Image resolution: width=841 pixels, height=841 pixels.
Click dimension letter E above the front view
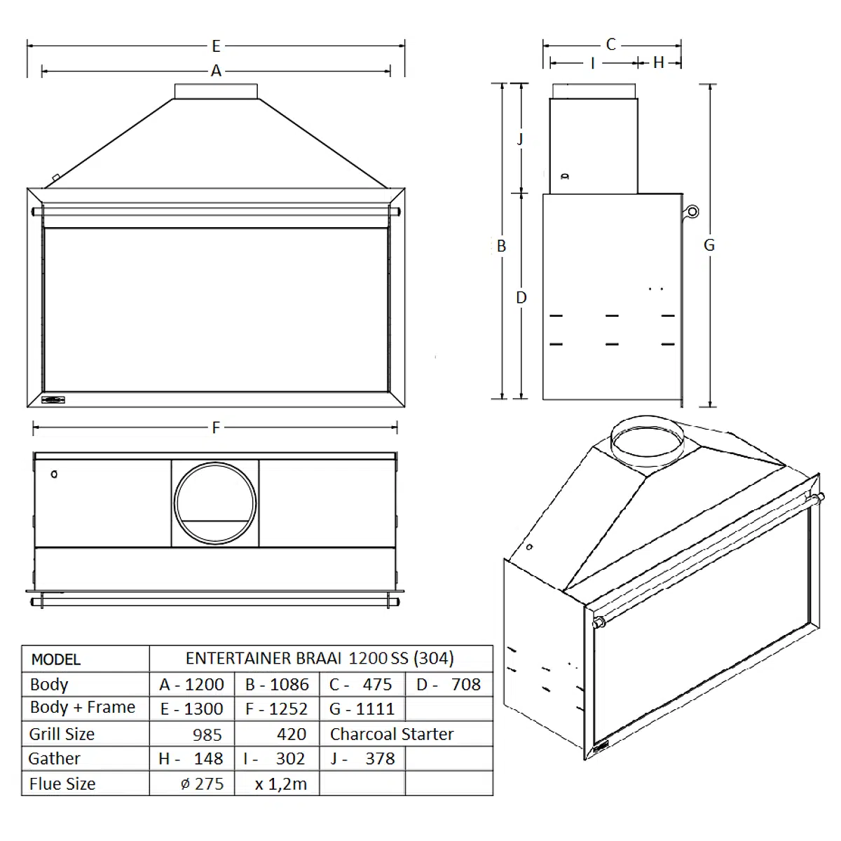(x=216, y=46)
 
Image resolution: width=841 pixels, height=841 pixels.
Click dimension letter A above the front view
(x=216, y=71)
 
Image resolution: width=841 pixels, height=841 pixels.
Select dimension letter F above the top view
(x=216, y=428)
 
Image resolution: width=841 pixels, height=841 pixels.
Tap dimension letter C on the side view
(x=611, y=45)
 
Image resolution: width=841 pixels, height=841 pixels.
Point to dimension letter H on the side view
(x=659, y=63)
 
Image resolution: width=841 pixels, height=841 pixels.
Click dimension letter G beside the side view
(x=709, y=245)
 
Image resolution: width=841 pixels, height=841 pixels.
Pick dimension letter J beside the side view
(x=520, y=139)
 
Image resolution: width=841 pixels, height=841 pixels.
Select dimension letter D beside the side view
(x=521, y=298)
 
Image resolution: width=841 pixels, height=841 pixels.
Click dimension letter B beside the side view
(x=502, y=246)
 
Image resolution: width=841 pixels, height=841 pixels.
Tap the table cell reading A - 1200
(x=191, y=685)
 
